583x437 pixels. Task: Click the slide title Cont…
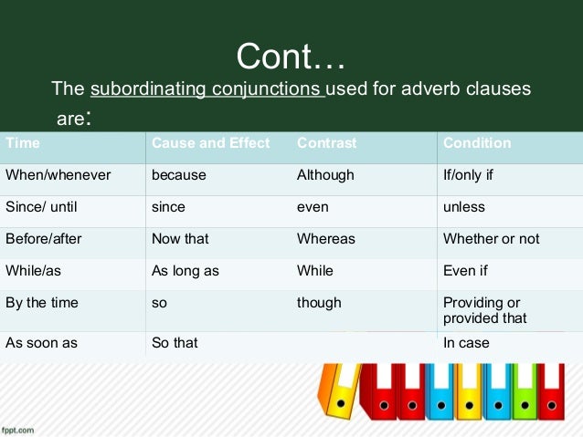(x=291, y=57)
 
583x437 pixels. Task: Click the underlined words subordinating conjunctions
(x=207, y=89)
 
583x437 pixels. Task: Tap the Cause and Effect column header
(x=210, y=143)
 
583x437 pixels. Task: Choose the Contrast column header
(x=326, y=143)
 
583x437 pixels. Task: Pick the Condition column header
(x=477, y=143)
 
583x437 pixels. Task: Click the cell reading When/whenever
(x=58, y=175)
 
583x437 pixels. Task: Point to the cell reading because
(x=179, y=175)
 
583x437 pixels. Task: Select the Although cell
(x=325, y=175)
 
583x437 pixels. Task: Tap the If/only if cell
(x=468, y=175)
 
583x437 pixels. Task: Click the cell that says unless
(x=464, y=207)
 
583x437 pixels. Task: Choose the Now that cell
(x=180, y=239)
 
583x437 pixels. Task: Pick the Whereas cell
(x=326, y=239)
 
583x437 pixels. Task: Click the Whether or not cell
(x=491, y=239)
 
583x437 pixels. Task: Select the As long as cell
(x=185, y=271)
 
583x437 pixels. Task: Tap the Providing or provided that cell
(x=484, y=310)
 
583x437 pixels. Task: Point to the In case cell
(x=466, y=343)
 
